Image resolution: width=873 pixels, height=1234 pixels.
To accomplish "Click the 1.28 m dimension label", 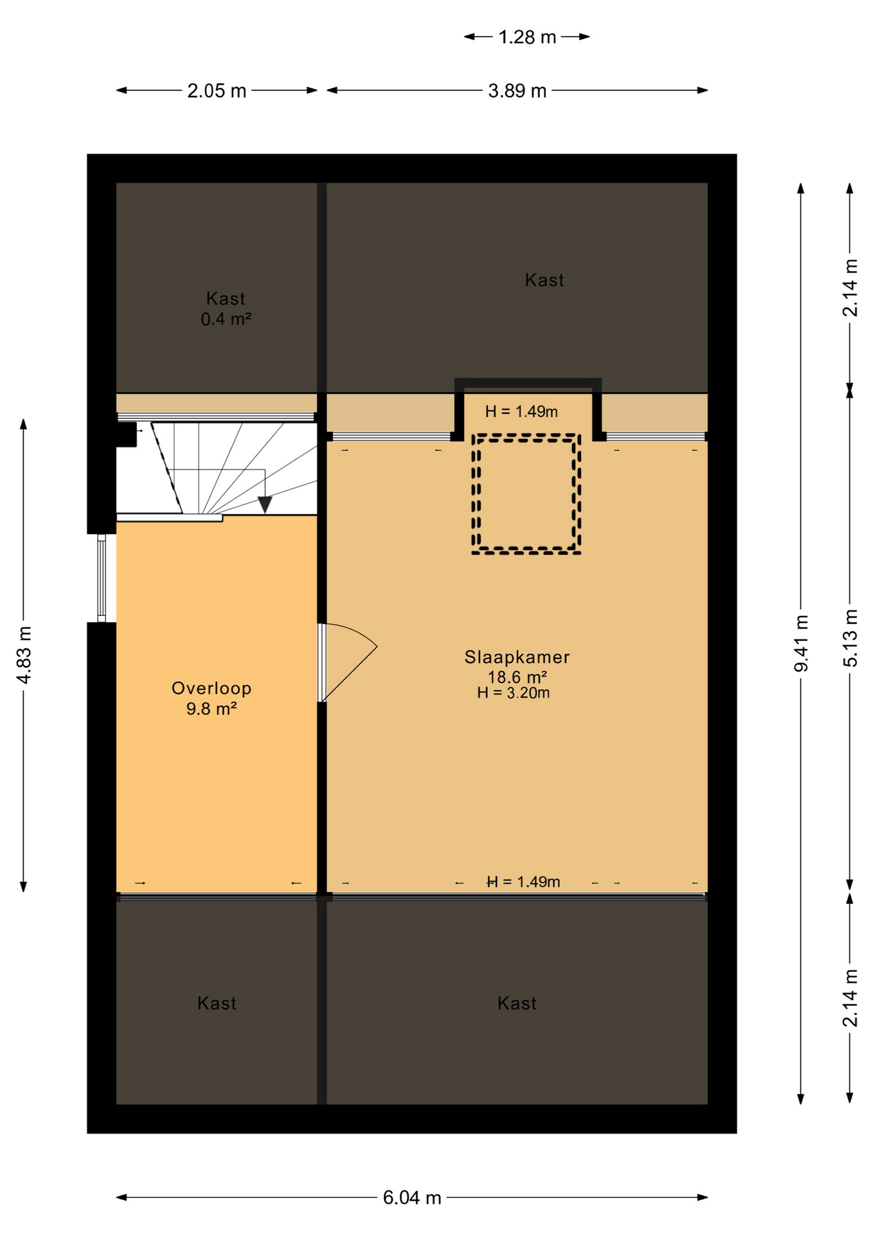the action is [x=527, y=37].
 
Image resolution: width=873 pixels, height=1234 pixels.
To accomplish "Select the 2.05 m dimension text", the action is [x=217, y=91].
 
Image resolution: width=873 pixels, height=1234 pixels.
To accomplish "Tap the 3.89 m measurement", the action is [x=517, y=91].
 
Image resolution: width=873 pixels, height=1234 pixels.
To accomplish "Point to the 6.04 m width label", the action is [x=412, y=1197].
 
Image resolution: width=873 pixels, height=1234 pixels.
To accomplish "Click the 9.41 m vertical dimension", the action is [x=801, y=643].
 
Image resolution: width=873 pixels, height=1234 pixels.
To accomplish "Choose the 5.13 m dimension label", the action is [x=850, y=638].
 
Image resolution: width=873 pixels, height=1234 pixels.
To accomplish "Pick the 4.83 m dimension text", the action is [x=24, y=655].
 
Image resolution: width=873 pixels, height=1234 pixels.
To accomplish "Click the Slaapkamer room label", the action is [x=517, y=657].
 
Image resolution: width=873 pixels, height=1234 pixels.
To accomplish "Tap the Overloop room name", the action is [x=212, y=688].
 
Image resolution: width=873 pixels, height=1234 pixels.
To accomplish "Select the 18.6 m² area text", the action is [x=517, y=677].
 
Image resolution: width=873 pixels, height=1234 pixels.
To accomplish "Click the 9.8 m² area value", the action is [x=212, y=709].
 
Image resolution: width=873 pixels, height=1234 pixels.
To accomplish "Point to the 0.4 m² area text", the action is [x=226, y=319].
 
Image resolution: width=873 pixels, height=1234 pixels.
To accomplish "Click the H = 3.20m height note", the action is [x=513, y=692].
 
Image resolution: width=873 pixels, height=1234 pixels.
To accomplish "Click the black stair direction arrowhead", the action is [x=265, y=505].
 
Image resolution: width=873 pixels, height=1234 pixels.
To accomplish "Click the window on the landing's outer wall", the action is [x=102, y=578].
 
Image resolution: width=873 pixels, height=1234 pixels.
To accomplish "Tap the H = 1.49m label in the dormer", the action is [x=521, y=411].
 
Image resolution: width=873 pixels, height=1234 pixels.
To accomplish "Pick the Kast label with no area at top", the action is [x=544, y=280].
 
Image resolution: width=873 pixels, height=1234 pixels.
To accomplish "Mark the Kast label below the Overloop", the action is [x=217, y=1003].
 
